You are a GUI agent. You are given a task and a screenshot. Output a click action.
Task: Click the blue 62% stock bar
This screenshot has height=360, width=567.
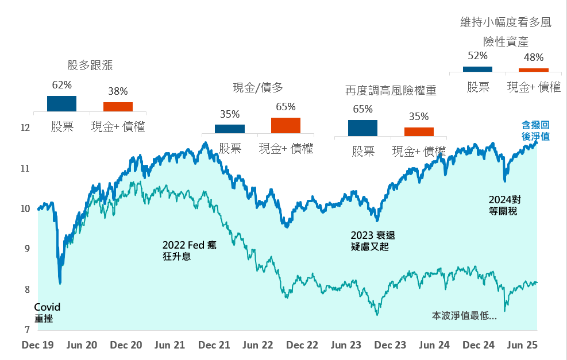[61, 103]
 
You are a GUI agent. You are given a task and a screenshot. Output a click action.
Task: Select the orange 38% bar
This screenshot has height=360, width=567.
[118, 107]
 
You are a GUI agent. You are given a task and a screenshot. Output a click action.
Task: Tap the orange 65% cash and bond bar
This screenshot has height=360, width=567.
[286, 125]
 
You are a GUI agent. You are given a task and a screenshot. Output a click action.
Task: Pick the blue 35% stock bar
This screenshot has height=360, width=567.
[230, 129]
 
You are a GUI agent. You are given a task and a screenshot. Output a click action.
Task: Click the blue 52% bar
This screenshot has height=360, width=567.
[477, 69]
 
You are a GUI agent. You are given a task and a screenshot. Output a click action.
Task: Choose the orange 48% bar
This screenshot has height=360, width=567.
[534, 70]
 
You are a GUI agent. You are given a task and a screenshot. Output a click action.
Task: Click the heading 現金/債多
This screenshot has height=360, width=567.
[258, 87]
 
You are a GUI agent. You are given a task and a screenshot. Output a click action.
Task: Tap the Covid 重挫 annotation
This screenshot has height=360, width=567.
[47, 312]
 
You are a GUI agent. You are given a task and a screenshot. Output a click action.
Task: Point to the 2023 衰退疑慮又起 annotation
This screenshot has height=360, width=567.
[373, 241]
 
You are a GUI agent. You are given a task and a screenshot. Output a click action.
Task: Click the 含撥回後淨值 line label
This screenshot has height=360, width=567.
[535, 130]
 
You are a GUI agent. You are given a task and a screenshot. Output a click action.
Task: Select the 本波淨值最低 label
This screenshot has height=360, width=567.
[464, 315]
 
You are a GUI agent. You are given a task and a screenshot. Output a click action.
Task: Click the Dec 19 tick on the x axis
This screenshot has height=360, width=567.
[38, 345]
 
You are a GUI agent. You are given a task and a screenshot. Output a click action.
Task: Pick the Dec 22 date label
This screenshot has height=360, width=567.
[302, 345]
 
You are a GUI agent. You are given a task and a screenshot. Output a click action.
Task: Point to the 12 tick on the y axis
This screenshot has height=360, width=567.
[25, 127]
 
